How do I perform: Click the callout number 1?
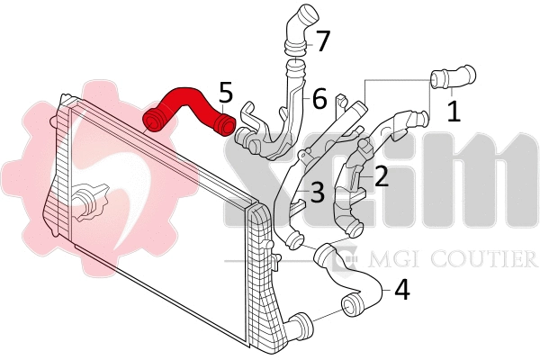454,111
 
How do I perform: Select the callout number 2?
382,176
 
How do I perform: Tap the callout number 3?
317,191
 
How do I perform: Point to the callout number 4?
401,290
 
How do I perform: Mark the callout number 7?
322,40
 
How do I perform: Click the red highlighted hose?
184,102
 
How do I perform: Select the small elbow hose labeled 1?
452,78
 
